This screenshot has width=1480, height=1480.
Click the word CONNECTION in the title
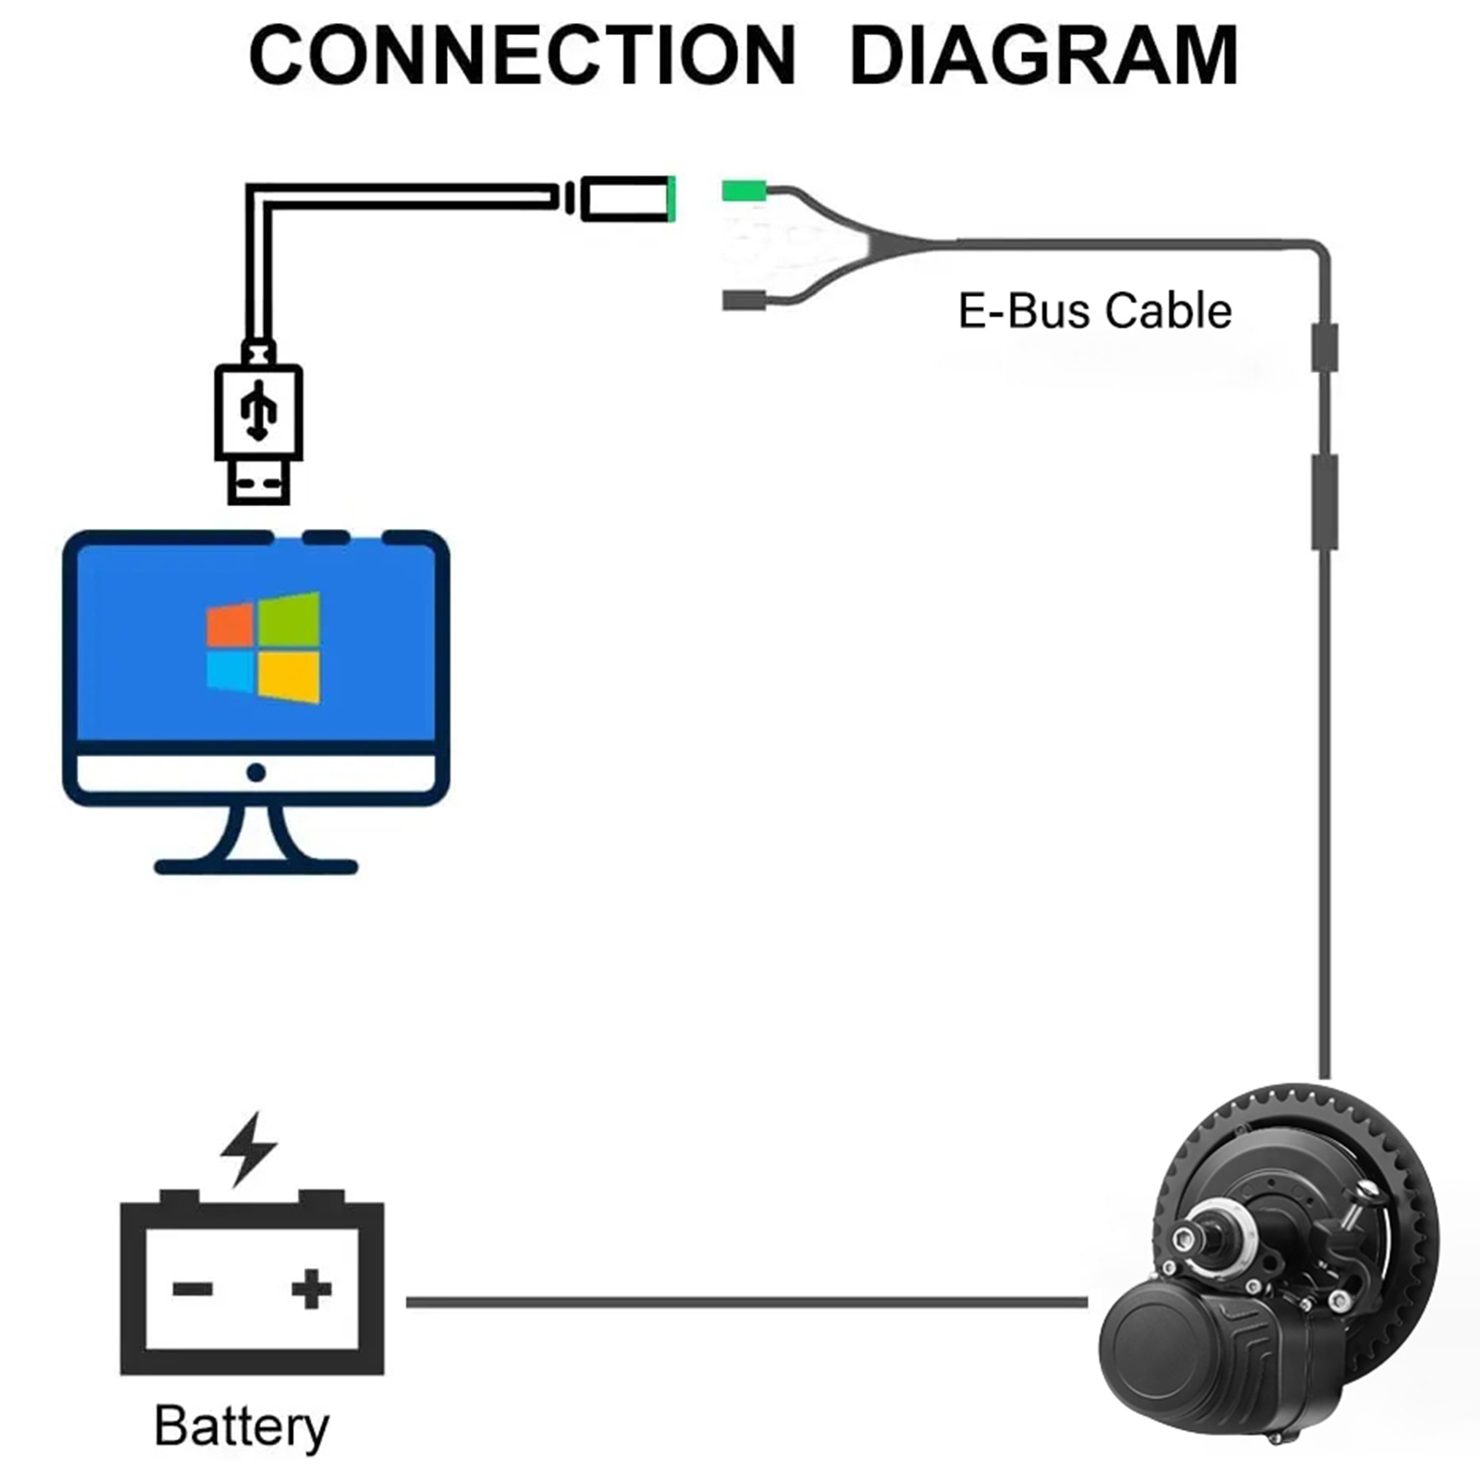click(523, 55)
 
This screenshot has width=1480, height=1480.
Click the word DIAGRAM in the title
click(1043, 55)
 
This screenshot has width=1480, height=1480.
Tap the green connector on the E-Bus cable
click(744, 191)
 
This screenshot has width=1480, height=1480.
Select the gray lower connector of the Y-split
click(744, 300)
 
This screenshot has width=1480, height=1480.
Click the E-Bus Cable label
click(1094, 311)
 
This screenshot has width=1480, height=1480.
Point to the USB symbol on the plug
click(258, 411)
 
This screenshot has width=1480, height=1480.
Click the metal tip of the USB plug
click(258, 482)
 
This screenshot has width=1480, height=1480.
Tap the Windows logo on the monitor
click(263, 647)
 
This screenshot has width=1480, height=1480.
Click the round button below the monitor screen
click(256, 772)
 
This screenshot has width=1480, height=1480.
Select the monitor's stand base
click(256, 867)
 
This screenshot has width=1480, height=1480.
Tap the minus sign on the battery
click(192, 1289)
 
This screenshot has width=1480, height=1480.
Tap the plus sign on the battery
click(311, 1289)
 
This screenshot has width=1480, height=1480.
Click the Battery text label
click(241, 1426)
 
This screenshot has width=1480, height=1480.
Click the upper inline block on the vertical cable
click(1325, 347)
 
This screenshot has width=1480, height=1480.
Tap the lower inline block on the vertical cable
click(1325, 502)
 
